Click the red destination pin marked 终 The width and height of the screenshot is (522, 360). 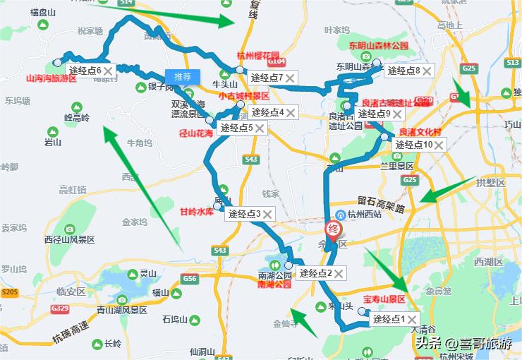point(332,230)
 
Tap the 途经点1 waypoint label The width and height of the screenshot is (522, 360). point(389,319)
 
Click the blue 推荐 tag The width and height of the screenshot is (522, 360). point(183,76)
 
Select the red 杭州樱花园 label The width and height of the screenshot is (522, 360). point(257,56)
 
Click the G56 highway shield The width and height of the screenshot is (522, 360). point(189,280)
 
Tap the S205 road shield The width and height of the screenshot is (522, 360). point(10,292)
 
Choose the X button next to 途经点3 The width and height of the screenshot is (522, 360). point(268,214)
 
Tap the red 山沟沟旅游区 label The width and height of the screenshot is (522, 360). point(50,79)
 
